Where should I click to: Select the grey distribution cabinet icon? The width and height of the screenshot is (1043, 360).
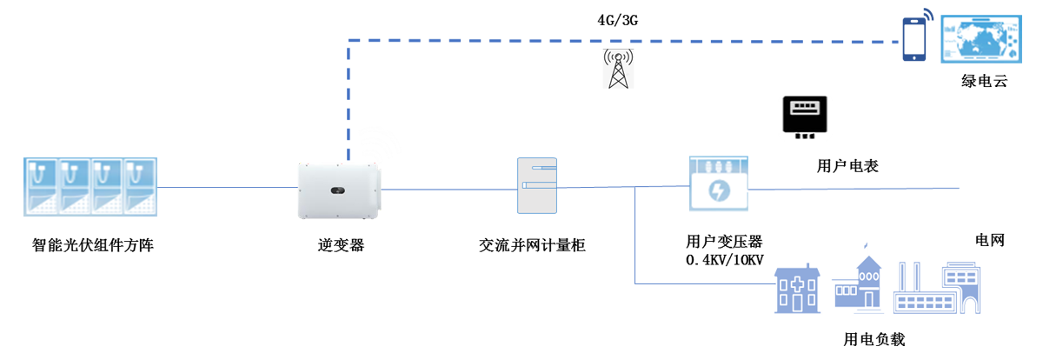tap(536, 186)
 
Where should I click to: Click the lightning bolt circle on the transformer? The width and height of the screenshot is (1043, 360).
tap(718, 190)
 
